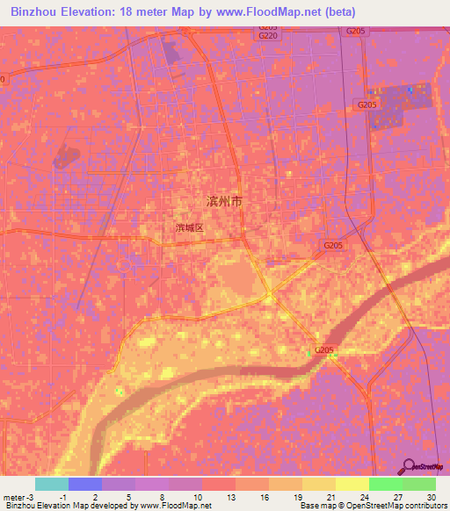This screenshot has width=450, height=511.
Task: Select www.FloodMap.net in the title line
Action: (x=266, y=11)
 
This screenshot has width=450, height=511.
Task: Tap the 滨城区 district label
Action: (x=189, y=227)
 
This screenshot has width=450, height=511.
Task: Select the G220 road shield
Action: (x=269, y=35)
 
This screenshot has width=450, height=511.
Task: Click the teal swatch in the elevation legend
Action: (x=52, y=484)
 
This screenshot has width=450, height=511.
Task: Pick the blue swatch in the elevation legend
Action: (x=85, y=484)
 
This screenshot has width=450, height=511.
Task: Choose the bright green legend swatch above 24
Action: (x=385, y=484)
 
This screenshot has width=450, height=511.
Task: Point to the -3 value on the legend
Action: (x=32, y=497)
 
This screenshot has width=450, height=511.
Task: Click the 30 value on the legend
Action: (x=430, y=497)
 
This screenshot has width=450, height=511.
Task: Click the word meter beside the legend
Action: (x=13, y=497)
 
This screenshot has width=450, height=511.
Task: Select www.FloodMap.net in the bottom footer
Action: (x=175, y=507)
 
